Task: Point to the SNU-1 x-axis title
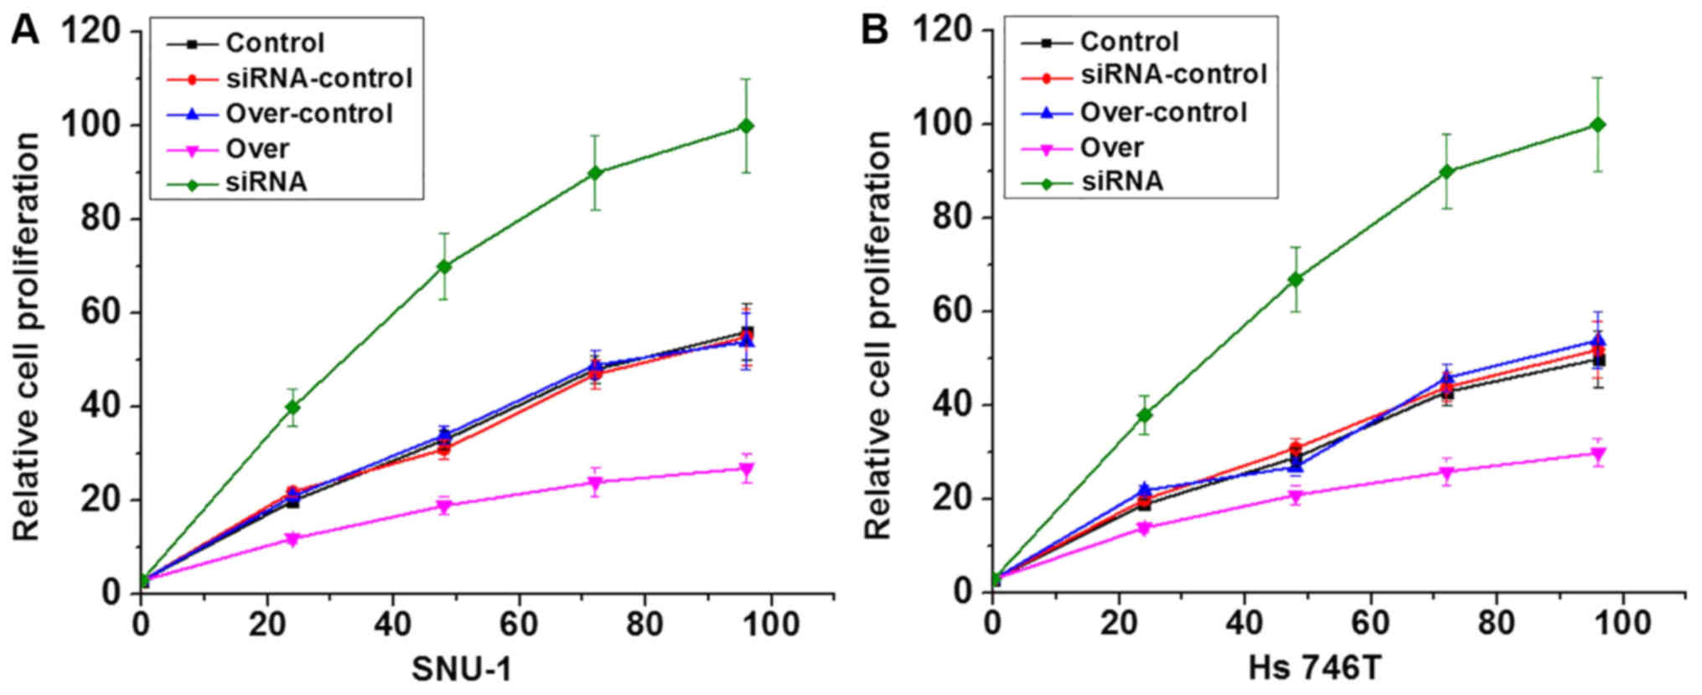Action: tap(462, 669)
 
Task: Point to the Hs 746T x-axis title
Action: tap(1314, 669)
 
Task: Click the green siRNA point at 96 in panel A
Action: tap(746, 126)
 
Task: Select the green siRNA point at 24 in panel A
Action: tap(292, 407)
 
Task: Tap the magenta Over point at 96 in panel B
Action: tap(1598, 454)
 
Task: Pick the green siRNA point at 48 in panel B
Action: tap(1296, 279)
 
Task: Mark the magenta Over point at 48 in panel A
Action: tap(444, 506)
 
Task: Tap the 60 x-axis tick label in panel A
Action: tap(519, 625)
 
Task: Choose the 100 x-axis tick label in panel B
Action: tap(1622, 625)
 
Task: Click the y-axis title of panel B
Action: tap(877, 335)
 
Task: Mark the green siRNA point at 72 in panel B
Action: tap(1447, 172)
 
